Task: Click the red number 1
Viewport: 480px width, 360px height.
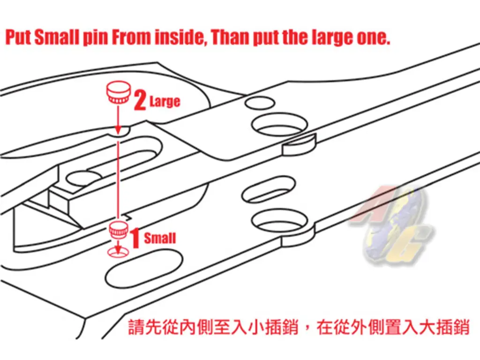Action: pos(135,237)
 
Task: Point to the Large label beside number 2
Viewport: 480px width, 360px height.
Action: pos(165,102)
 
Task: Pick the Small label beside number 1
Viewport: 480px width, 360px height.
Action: pos(159,238)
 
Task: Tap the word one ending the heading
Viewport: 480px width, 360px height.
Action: pos(374,38)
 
